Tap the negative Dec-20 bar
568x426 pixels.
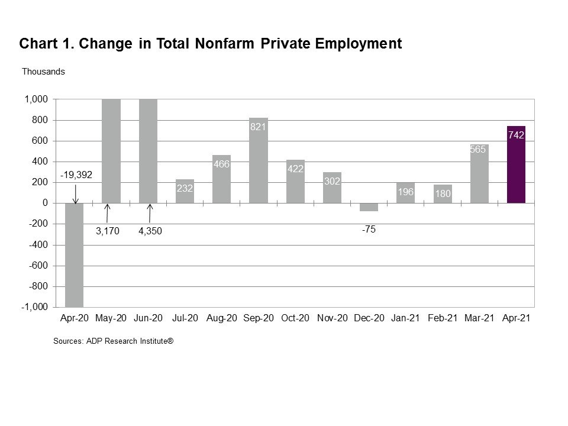click(x=369, y=207)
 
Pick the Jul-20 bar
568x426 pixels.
click(x=185, y=191)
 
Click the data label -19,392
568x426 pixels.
click(x=76, y=176)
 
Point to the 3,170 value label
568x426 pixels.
click(x=108, y=231)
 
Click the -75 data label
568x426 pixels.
click(x=369, y=230)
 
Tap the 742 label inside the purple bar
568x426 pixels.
click(x=516, y=135)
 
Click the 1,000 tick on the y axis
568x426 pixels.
click(x=36, y=99)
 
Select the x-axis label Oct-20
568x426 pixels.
click(x=295, y=318)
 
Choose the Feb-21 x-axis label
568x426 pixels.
click(x=443, y=318)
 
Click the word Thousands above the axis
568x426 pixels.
click(x=43, y=72)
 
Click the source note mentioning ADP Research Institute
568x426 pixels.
click(x=113, y=341)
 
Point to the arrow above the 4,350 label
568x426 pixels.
click(x=150, y=212)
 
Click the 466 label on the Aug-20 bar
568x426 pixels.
click(x=221, y=164)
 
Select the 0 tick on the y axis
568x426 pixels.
click(x=44, y=203)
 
